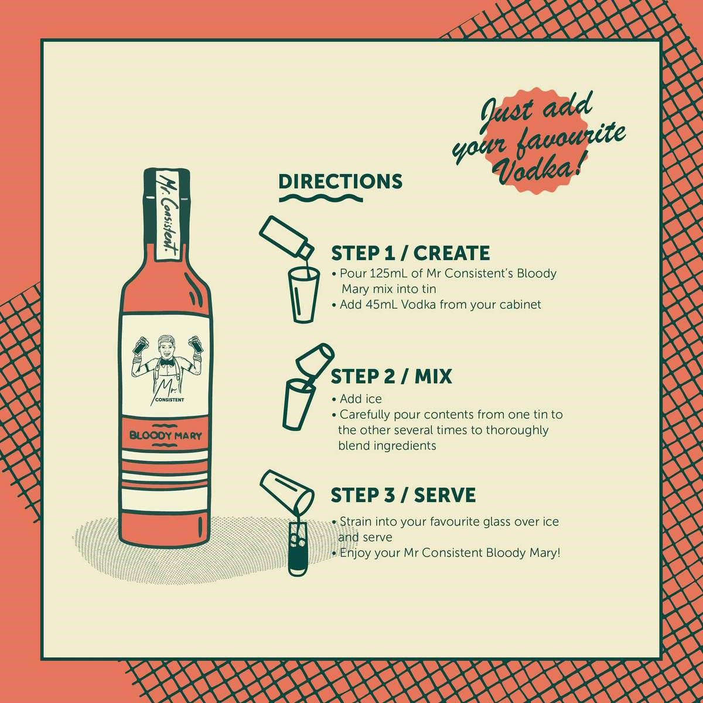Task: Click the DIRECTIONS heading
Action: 340,181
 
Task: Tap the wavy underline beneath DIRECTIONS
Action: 321,199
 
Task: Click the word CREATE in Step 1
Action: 452,253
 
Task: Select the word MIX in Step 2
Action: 434,377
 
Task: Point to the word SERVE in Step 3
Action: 445,495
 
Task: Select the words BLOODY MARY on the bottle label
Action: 166,436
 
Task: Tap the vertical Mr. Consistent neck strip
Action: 167,214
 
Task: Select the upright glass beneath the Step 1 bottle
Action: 303,295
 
